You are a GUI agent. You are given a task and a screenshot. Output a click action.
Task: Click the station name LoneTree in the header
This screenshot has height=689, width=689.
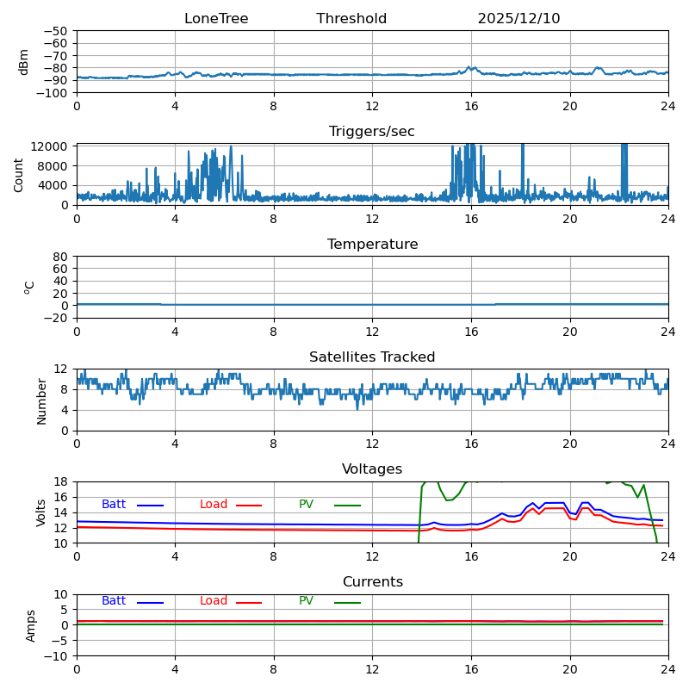click(216, 19)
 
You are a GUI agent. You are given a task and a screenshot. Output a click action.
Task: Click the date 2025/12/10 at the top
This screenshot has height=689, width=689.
click(518, 19)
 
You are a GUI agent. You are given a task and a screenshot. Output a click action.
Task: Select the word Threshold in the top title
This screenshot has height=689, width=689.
click(351, 19)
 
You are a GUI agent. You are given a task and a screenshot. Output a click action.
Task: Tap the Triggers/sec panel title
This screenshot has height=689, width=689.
click(372, 132)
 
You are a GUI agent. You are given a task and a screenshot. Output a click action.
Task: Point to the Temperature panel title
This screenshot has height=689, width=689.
click(372, 245)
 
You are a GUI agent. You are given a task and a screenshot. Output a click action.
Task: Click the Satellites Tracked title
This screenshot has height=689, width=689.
click(372, 357)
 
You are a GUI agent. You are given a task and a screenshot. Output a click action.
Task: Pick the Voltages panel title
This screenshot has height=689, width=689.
click(372, 469)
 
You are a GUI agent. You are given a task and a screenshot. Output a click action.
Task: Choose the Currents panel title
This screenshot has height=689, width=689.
click(372, 582)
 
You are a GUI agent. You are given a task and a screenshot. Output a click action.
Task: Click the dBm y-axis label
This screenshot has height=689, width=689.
click(24, 61)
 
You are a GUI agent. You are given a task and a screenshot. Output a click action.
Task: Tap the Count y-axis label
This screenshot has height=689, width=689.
click(19, 174)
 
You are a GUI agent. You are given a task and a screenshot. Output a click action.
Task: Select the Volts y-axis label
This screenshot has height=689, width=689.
click(41, 512)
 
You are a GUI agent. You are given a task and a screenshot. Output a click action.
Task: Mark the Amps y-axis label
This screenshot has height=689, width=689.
click(31, 625)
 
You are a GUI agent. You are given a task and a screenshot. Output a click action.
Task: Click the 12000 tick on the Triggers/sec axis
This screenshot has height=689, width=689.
click(52, 147)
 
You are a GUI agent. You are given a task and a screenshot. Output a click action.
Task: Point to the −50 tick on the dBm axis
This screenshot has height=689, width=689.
click(55, 31)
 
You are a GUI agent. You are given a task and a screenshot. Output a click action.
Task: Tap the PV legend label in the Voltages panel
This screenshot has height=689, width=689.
click(307, 505)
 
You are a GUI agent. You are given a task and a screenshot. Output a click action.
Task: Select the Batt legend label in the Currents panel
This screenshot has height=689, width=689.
click(114, 601)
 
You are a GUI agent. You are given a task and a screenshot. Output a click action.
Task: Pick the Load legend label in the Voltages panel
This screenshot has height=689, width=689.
click(214, 505)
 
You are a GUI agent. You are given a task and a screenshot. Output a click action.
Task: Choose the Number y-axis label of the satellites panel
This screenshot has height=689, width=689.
click(41, 400)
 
